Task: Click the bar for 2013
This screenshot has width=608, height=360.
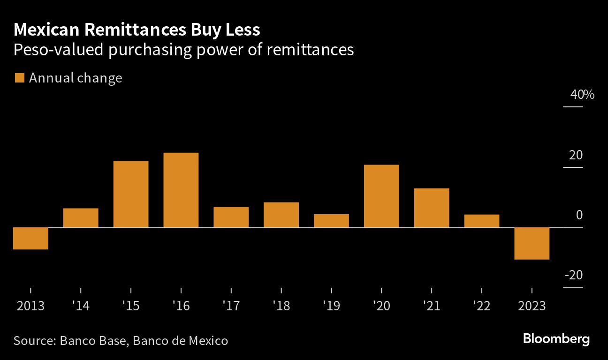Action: (x=30, y=238)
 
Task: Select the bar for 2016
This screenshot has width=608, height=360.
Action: (x=181, y=190)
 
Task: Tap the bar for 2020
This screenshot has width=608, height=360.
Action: (x=381, y=196)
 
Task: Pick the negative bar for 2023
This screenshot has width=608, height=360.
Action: (x=532, y=243)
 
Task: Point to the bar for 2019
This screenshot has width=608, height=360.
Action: (x=331, y=221)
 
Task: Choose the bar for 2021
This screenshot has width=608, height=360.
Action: (x=432, y=208)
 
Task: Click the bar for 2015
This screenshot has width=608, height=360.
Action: (x=131, y=194)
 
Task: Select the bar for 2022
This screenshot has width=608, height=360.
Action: (x=482, y=221)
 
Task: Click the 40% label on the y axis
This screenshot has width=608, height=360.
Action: (x=582, y=95)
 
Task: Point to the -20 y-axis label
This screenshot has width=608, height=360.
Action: (x=573, y=275)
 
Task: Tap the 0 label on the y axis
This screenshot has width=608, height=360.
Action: (x=579, y=215)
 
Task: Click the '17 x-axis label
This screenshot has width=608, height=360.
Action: (x=231, y=306)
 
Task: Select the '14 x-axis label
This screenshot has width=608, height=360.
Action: (x=81, y=306)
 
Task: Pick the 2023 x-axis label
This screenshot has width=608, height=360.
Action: (x=532, y=306)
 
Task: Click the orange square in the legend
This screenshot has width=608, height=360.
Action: (x=19, y=78)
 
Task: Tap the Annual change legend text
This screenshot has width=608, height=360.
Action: (x=76, y=78)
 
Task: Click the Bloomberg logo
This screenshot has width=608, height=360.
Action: (x=556, y=339)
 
